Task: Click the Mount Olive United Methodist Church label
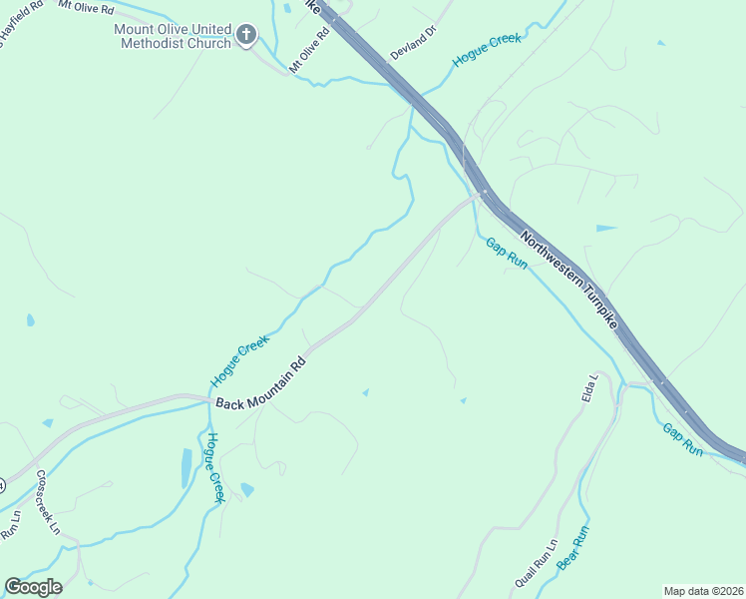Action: pos(171,37)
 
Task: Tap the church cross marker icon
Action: pos(246,37)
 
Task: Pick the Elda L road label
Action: pos(589,388)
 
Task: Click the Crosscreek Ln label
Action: pos(49,504)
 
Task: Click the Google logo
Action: pos(33,587)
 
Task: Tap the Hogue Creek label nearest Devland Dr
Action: pos(487,51)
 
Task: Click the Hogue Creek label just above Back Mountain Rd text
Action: pos(240,361)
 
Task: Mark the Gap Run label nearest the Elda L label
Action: pos(683,439)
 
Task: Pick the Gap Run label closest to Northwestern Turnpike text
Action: pos(506,254)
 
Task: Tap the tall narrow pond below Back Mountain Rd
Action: pos(186,467)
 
